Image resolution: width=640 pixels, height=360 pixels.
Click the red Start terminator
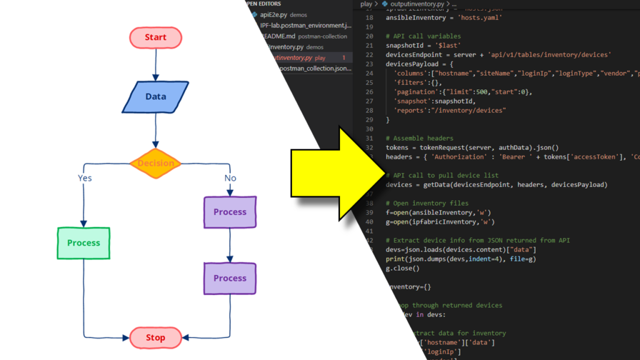156,37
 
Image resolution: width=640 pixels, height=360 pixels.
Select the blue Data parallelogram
156,97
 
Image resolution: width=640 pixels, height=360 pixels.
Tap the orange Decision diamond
156,164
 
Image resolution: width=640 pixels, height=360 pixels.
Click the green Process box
84,243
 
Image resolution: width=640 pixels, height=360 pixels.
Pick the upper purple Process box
230,212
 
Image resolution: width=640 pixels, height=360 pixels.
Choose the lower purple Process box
230,278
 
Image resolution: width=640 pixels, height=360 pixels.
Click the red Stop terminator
156,337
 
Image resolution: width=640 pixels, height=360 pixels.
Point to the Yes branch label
85,178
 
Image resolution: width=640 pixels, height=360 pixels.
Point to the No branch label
230,178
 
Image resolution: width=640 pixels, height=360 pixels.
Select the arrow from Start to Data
156,66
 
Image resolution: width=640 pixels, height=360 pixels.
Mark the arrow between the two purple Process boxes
230,245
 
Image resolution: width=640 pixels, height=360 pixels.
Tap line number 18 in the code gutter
369,17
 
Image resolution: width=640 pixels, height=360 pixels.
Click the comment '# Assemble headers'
419,138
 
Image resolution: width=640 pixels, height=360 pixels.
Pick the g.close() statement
402,268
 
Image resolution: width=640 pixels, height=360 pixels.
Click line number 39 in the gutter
369,213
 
